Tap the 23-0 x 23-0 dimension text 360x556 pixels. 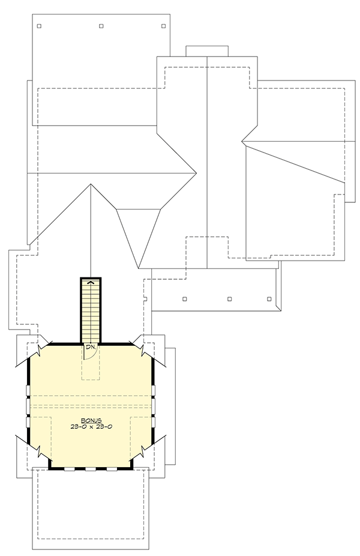coord(91,426)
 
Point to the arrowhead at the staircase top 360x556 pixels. coord(91,281)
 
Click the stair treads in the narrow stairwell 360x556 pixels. coord(91,312)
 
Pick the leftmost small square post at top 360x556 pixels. coord(39,26)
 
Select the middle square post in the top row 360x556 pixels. coord(101,26)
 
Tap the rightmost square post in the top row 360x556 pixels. coord(164,26)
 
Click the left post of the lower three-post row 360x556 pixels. coord(184,298)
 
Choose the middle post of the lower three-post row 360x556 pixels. coord(230,298)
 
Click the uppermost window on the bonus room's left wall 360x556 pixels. coord(28,391)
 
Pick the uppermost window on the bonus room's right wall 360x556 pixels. coord(154,391)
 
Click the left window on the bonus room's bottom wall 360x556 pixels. coord(70,468)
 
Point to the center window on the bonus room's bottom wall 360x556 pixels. coord(91,468)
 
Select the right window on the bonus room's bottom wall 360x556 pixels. coord(112,468)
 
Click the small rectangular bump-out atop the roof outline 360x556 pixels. coord(206,51)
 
